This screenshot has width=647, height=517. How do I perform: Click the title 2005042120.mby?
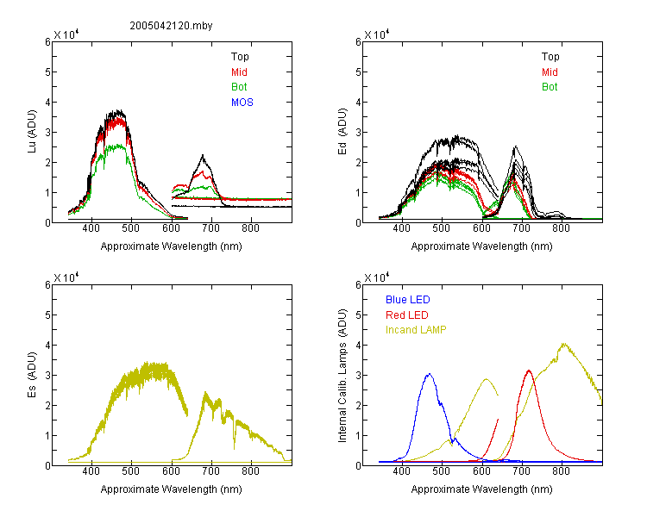coord(171,26)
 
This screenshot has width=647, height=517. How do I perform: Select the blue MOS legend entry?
coord(242,103)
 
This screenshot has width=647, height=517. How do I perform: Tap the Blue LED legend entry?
coord(408,300)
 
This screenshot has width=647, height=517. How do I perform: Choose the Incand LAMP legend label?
coord(416,330)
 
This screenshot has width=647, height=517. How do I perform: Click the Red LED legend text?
coord(407,315)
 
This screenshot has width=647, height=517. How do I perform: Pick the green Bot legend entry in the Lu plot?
coord(239,87)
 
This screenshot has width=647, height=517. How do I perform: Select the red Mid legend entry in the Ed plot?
coord(550,72)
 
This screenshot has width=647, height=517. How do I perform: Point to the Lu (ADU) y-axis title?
coord(32,131)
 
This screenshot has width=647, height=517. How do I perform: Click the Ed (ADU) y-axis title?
coord(342,132)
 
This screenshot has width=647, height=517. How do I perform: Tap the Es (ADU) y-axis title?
coord(32,374)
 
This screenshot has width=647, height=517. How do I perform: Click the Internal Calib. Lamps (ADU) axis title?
coord(342,376)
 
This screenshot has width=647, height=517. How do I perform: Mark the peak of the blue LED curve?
coord(429,374)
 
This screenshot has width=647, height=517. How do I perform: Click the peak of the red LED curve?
coord(529,371)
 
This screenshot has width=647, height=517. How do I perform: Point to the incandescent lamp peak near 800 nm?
coord(563,344)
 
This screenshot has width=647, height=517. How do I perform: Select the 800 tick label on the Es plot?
coord(250,470)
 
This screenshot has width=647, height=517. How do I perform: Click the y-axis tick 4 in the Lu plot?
coord(47,102)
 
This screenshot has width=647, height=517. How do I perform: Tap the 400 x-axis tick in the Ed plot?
coord(401,228)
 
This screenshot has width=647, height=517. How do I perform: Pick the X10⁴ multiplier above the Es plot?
coord(66,277)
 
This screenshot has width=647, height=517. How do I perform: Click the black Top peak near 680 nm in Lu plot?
coord(203,155)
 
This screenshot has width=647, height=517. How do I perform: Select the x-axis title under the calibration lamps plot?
coord(481,489)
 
